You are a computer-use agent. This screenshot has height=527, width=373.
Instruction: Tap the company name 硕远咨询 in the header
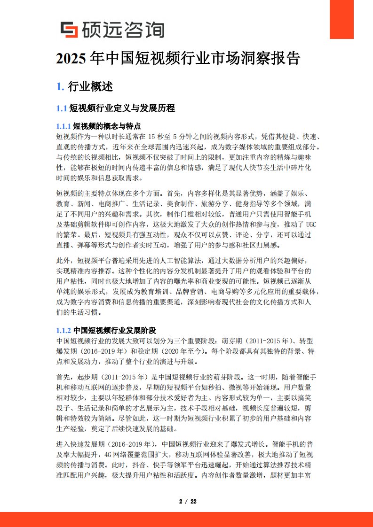pos(122,30)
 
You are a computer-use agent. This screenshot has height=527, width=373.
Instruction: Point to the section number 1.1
pos(62,108)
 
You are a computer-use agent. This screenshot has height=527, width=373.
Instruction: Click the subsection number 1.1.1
pos(63,126)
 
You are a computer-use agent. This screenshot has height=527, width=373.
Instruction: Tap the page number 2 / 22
pos(188,501)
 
